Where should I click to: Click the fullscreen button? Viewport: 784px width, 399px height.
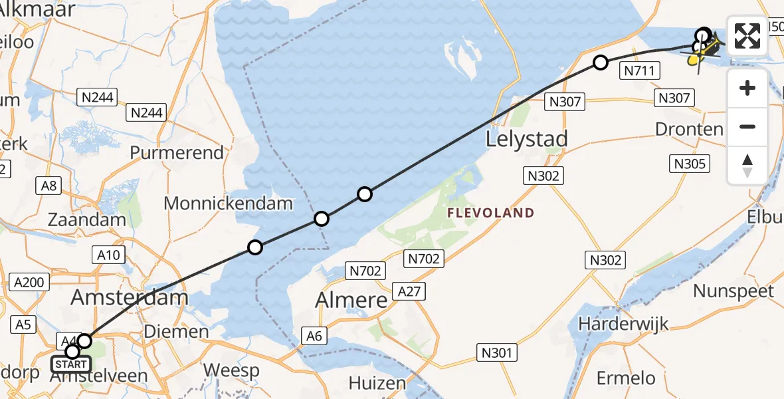point(747,36)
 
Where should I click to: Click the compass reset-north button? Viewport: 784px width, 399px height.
point(747,166)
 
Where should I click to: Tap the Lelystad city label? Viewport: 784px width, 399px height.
point(527,139)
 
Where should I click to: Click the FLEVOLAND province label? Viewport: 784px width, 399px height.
point(491,213)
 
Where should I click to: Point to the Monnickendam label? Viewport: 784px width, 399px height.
point(229,203)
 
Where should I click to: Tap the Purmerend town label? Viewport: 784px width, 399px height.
point(177,153)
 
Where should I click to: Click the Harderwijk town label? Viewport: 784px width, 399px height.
point(623,325)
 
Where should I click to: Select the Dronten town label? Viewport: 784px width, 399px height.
point(689,129)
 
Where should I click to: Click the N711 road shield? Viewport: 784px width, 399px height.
point(640,71)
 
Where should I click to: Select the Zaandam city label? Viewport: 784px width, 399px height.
point(86,219)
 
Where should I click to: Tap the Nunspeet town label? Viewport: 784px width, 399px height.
point(734,291)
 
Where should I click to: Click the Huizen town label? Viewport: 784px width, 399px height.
point(377,383)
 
